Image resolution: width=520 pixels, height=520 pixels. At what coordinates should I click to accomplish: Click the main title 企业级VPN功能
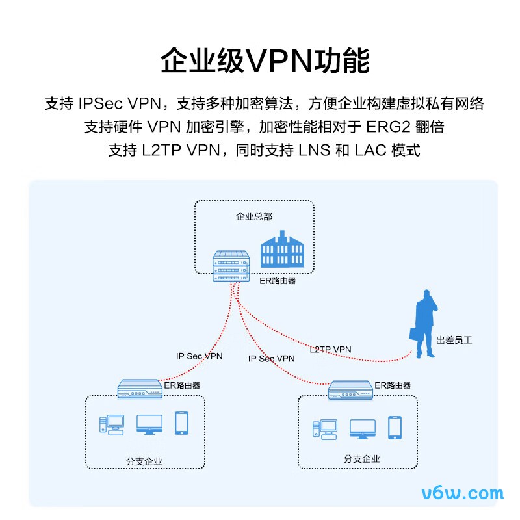[265, 60]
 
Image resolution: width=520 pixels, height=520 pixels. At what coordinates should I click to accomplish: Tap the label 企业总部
[254, 216]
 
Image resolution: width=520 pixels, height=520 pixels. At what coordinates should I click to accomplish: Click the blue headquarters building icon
[282, 249]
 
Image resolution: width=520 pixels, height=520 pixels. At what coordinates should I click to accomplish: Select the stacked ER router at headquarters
[231, 266]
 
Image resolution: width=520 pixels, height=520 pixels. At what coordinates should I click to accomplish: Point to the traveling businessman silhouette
[423, 324]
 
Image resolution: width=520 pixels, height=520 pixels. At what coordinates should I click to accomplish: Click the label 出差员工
[454, 340]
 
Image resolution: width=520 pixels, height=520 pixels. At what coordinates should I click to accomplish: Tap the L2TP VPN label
[330, 349]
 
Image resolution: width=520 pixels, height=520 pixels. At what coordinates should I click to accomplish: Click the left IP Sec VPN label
[199, 356]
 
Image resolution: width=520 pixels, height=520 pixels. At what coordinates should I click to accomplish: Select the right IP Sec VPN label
[271, 359]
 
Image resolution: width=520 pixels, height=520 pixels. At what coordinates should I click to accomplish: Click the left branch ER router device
[140, 389]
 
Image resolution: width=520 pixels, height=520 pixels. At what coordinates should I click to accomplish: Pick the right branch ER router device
[350, 390]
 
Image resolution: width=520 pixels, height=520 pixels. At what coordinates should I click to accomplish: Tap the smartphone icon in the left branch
[182, 423]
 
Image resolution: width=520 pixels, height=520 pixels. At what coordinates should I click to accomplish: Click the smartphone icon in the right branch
[395, 428]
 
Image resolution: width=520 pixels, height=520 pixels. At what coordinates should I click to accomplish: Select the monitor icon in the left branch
[149, 424]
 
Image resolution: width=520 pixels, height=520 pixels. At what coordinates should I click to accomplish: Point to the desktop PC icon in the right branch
[325, 430]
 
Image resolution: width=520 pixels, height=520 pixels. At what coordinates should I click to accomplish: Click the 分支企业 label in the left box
[144, 461]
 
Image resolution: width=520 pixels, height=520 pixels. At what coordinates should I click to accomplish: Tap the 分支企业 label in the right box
[361, 459]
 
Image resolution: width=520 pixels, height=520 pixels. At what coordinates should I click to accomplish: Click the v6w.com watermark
[463, 493]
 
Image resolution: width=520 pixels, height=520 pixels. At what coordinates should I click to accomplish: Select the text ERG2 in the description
[388, 127]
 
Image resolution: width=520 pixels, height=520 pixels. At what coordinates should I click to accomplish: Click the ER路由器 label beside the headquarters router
[278, 281]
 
